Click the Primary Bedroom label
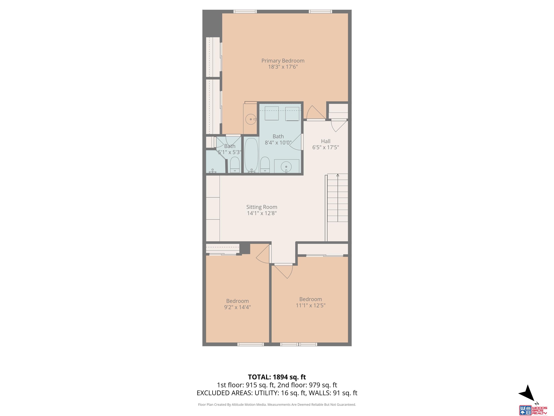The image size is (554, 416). pos(283,61)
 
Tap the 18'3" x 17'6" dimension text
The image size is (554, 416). pos(283,67)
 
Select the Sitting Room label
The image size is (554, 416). pos(262,207)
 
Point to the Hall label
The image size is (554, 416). pos(326,141)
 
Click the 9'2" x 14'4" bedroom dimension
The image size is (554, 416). pos(238,307)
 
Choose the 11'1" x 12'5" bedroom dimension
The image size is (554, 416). pos(311,305)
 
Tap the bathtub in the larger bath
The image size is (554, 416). pos(251,155)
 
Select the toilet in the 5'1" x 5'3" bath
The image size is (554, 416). pos(235,164)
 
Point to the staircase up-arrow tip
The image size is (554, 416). pos(338,174)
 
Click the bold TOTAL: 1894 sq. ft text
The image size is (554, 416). pos(277,377)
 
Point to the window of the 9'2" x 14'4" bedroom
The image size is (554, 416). pos(250,344)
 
